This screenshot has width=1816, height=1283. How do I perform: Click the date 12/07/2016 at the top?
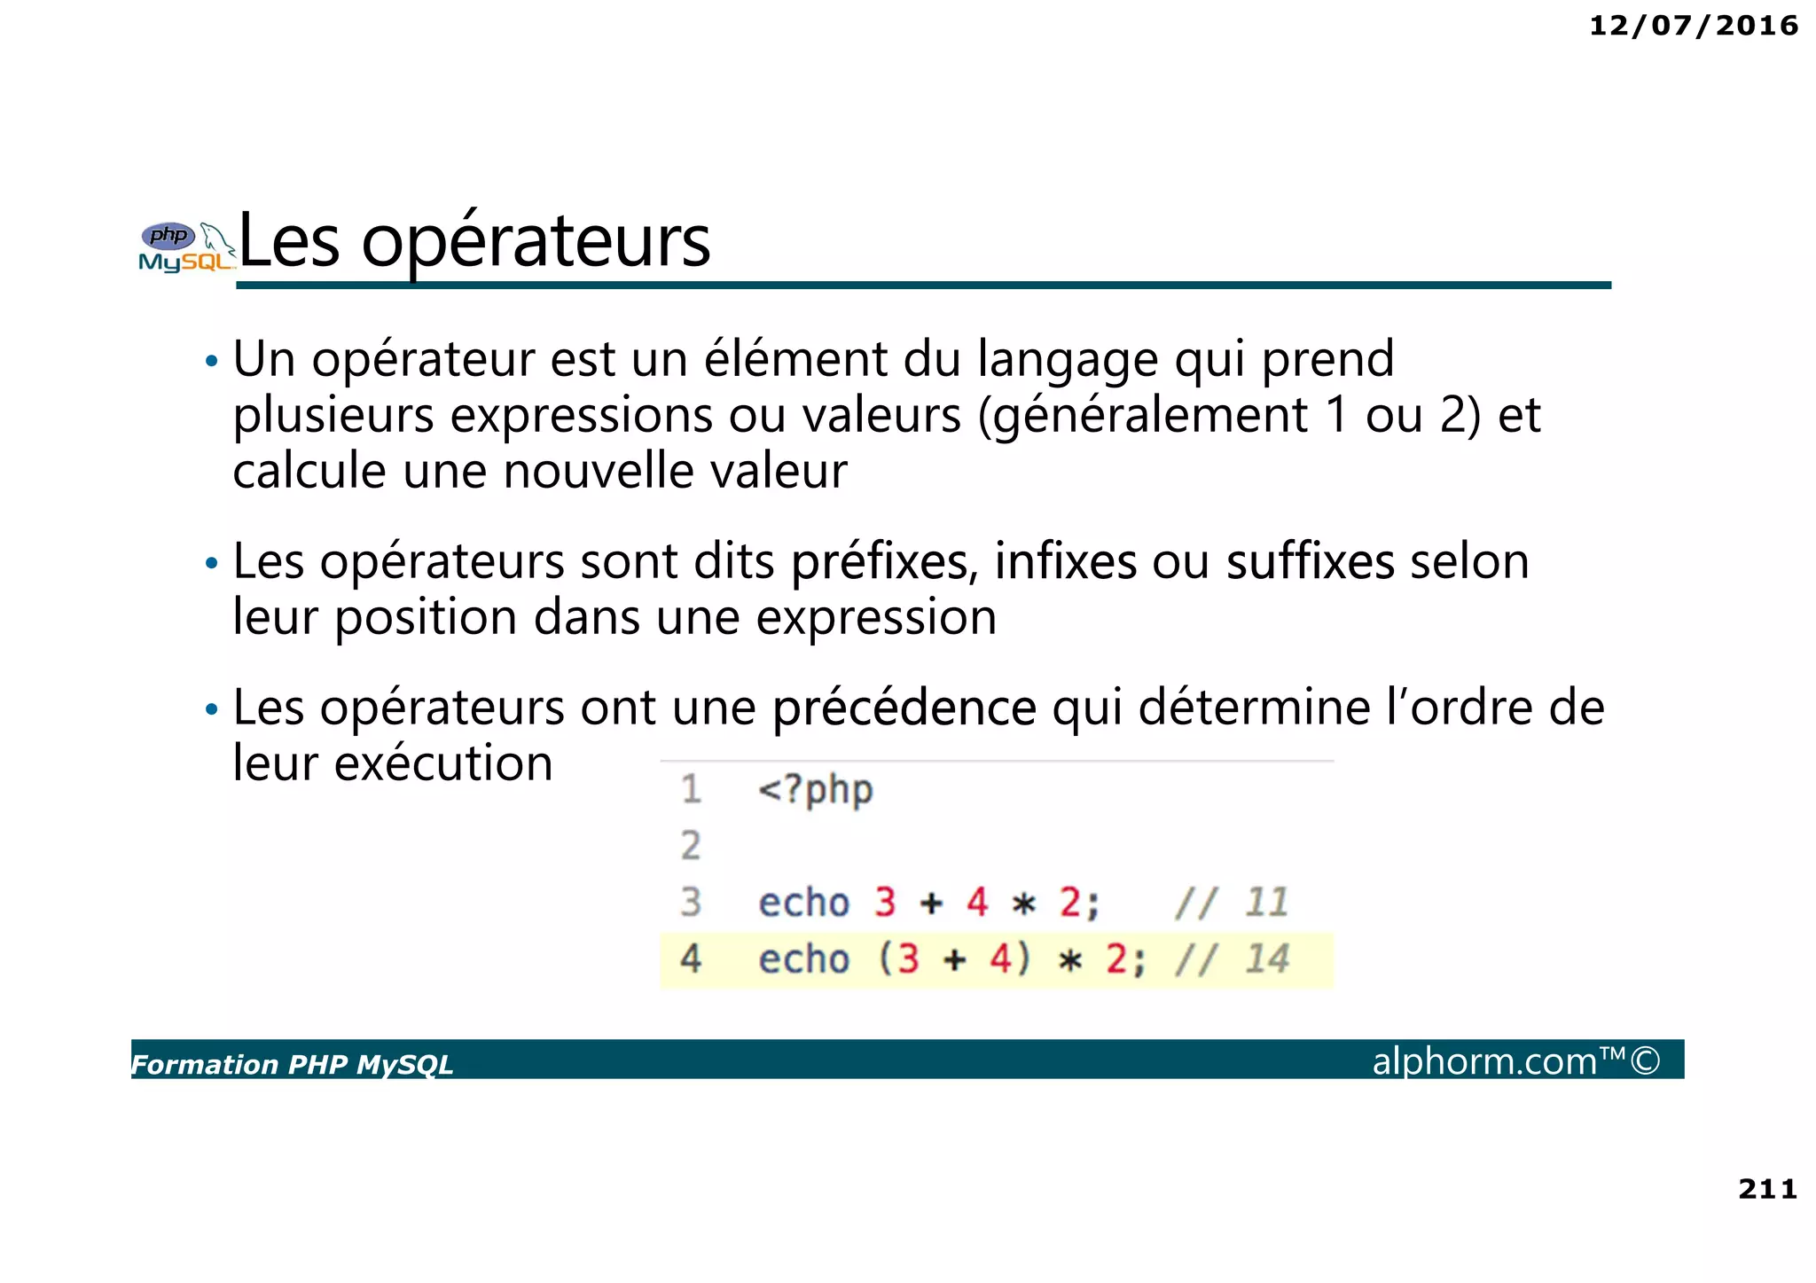click(1693, 26)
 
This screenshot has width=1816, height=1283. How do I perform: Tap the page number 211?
click(1767, 1188)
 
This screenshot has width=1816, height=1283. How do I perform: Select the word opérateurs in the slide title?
click(536, 241)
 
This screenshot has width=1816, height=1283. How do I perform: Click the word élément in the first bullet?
click(795, 359)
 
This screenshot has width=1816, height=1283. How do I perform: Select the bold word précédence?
click(904, 708)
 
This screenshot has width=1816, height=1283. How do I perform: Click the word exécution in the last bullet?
click(442, 763)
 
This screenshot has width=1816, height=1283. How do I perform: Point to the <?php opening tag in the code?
click(815, 789)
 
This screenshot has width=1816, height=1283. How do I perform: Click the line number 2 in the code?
click(691, 846)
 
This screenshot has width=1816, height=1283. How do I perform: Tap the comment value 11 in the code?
click(1265, 903)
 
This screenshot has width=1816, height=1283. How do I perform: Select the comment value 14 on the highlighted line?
click(1266, 958)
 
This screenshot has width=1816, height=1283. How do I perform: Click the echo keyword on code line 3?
click(803, 903)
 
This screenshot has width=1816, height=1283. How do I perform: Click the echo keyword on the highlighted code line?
click(803, 958)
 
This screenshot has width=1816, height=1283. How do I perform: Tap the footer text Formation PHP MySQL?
click(293, 1064)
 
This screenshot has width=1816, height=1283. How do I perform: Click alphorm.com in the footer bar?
click(1484, 1060)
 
